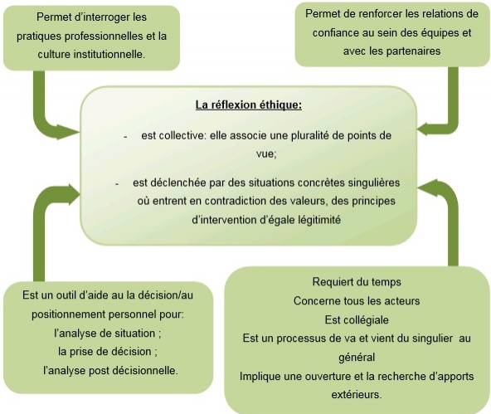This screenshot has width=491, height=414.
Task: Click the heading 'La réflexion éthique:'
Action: pyautogui.click(x=249, y=105)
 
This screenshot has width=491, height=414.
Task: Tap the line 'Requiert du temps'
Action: pyautogui.click(x=357, y=282)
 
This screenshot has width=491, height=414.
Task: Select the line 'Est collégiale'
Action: pyautogui.click(x=357, y=319)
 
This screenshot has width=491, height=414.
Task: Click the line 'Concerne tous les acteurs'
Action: pyautogui.click(x=357, y=301)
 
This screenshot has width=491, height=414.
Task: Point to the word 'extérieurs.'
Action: pyautogui.click(x=357, y=395)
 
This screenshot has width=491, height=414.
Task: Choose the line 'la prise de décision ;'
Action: pyautogui.click(x=108, y=352)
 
